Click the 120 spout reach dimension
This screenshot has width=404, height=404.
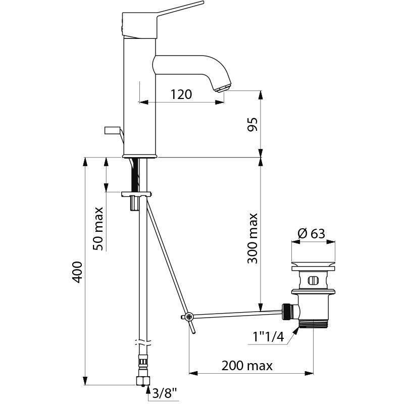coord(181,94)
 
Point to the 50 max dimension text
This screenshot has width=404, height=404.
coord(99,228)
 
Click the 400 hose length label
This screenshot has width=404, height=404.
coord(77,272)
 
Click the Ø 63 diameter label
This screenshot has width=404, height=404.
coord(312,233)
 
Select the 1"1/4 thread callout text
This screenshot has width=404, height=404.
coord(267,336)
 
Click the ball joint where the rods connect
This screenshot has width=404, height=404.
coord(188,317)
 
